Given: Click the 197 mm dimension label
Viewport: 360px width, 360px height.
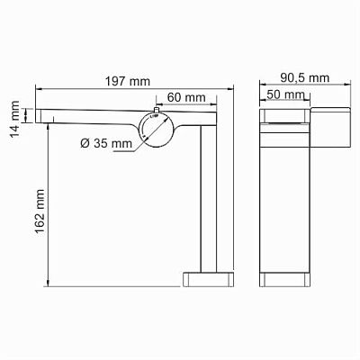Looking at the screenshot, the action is coord(127,81).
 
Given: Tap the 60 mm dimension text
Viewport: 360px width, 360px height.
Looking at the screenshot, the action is coord(186,97).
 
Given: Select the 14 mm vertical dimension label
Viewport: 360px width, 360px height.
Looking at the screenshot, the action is coord(14,119).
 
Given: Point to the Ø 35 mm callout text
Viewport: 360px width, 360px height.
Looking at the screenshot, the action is coord(106,143).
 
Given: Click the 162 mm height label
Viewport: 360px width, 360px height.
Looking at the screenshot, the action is coord(40,211).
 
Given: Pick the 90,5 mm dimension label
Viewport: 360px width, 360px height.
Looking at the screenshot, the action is coord(305,78).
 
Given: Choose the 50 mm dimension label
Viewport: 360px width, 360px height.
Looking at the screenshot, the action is coord(285,94).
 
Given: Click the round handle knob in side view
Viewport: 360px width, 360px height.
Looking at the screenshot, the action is coord(156,130).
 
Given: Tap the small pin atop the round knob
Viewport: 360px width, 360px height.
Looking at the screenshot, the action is coord(156,111).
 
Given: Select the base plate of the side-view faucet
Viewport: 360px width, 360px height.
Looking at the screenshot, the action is coord(208,280).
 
